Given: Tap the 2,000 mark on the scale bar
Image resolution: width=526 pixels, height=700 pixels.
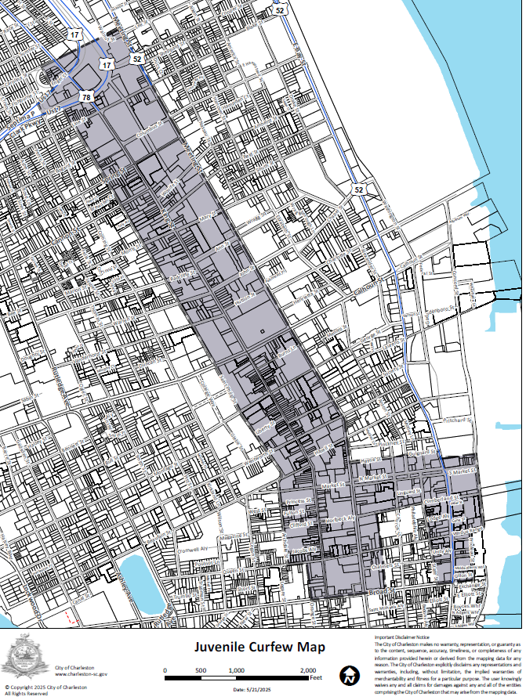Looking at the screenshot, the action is [308, 671].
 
